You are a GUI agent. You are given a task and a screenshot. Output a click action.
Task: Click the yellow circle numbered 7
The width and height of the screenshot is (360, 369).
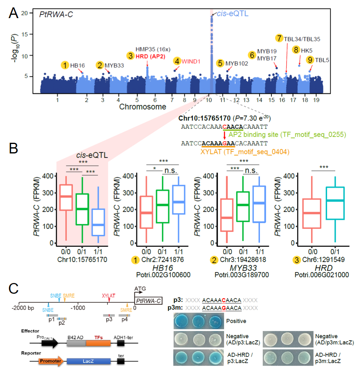tap(280, 39)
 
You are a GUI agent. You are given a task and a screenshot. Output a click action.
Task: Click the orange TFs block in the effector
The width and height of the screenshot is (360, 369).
tap(98, 336)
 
